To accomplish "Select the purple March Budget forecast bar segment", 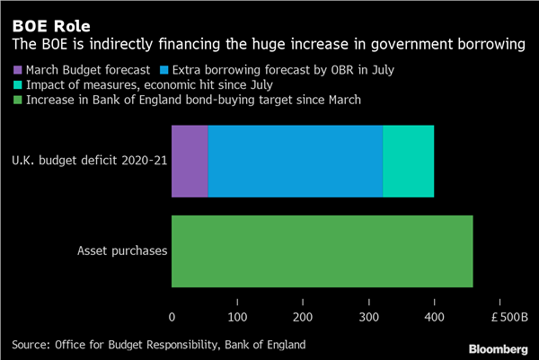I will point(190,162).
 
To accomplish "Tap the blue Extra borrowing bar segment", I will point(296,162).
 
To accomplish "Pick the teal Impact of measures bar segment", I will point(409,162).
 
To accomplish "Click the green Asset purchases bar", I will point(322,251).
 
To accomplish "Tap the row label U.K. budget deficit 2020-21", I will point(88,162).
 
